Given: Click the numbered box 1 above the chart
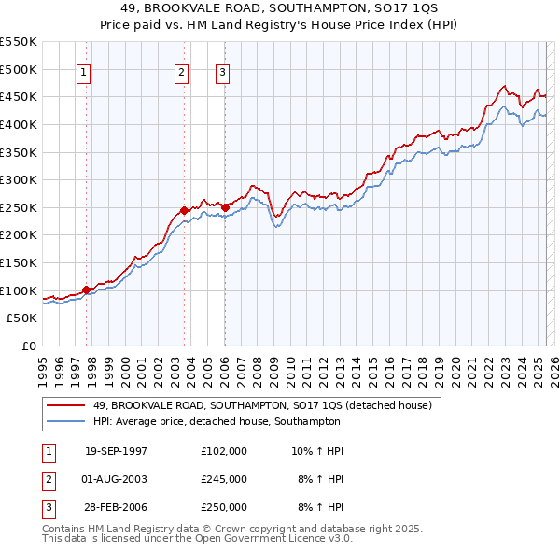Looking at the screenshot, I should pyautogui.click(x=83, y=74).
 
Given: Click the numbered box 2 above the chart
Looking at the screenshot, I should pyautogui.click(x=181, y=74).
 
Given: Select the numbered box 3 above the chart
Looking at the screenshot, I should pyautogui.click(x=223, y=74).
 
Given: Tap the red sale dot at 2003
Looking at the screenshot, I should pyautogui.click(x=184, y=210).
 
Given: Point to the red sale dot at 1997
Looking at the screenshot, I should pyautogui.click(x=87, y=290).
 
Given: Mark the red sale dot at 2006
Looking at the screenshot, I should pyautogui.click(x=226, y=207).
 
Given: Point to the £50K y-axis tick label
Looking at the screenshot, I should pyautogui.click(x=22, y=318).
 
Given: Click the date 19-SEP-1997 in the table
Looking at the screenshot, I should pyautogui.click(x=116, y=451).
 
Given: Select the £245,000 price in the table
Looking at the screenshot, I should pyautogui.click(x=224, y=479).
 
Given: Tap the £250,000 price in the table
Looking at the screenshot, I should pyautogui.click(x=224, y=507).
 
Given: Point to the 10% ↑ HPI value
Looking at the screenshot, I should pyautogui.click(x=317, y=451).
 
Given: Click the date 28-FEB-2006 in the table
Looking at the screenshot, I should pyautogui.click(x=116, y=507).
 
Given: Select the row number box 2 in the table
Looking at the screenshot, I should pyautogui.click(x=48, y=479).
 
